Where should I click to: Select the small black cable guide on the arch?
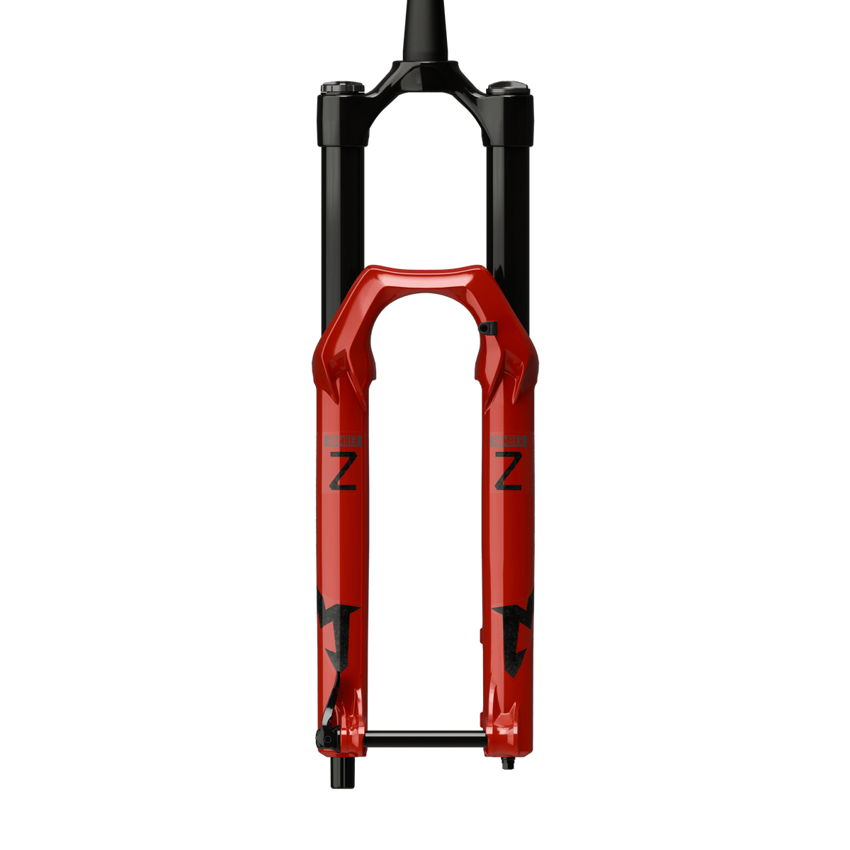[488, 328]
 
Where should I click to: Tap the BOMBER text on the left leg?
[343, 440]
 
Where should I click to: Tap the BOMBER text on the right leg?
[509, 440]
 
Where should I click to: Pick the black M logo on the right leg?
[516, 623]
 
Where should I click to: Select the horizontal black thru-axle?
[425, 740]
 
